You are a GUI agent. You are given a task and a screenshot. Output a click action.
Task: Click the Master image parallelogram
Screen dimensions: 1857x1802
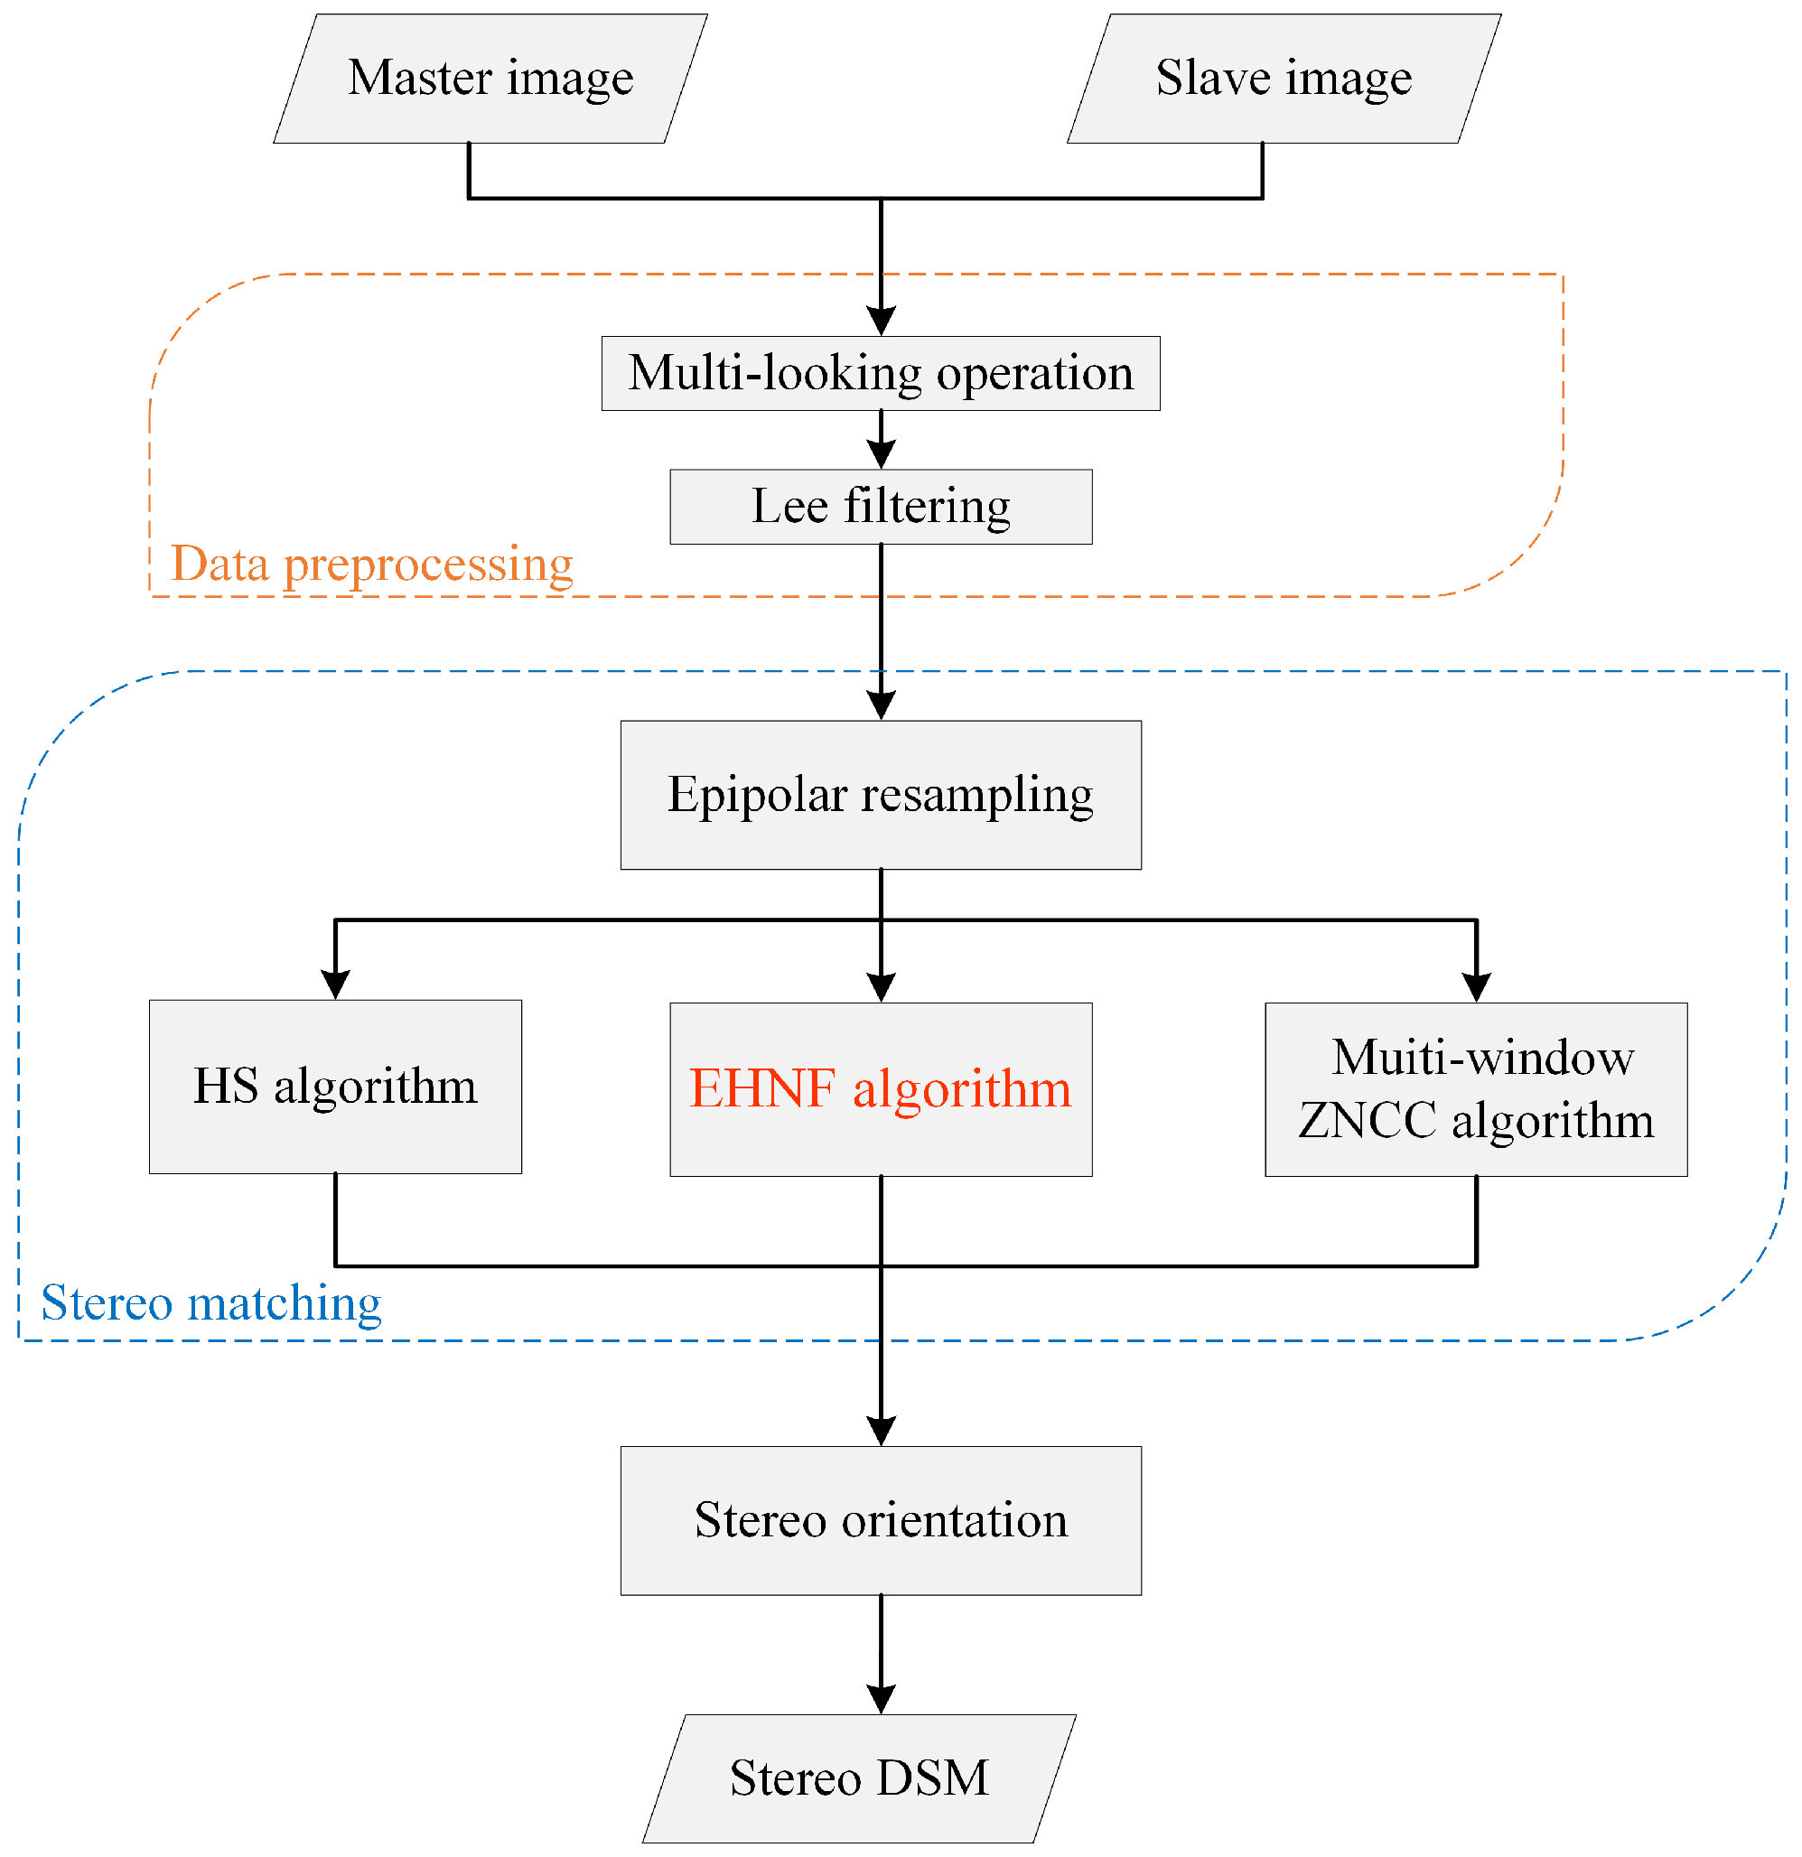[490, 79]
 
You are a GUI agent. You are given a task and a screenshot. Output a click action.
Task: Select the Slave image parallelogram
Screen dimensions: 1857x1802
[1283, 79]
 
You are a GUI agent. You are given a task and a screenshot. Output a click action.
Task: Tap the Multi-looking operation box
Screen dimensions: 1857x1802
[880, 373]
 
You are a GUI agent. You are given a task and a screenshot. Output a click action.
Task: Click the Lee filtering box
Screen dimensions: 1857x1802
[880, 507]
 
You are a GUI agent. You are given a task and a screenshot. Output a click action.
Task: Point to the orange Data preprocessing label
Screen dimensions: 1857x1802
[371, 565]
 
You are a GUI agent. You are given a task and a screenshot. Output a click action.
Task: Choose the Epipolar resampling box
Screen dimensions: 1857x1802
[880, 795]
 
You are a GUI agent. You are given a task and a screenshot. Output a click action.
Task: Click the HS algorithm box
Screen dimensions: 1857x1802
[335, 1086]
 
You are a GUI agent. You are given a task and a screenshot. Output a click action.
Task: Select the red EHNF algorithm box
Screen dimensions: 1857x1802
[880, 1088]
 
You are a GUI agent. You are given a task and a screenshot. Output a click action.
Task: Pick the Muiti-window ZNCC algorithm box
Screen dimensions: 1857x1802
[1475, 1088]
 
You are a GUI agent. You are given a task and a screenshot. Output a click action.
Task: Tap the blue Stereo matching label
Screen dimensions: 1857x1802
[211, 1302]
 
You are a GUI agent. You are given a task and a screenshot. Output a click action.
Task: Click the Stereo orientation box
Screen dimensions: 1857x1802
[880, 1520]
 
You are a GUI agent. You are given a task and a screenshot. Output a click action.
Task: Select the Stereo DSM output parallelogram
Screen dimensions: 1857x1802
[858, 1778]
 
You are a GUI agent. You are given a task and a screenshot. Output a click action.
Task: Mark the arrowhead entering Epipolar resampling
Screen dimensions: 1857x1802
[881, 705]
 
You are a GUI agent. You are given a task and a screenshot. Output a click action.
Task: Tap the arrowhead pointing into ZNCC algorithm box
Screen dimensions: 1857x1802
[1476, 986]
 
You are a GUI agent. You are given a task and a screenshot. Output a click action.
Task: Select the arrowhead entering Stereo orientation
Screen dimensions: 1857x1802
[881, 1431]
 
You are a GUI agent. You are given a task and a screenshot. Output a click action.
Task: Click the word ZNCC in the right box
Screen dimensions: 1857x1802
[1368, 1121]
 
